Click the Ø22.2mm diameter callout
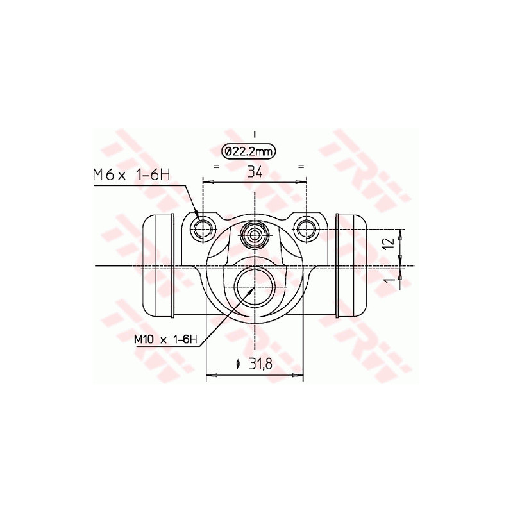pyautogui.click(x=249, y=151)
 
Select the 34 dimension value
pyautogui.click(x=255, y=171)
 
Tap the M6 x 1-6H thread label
pyautogui.click(x=131, y=174)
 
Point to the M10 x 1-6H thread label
pyautogui.click(x=165, y=340)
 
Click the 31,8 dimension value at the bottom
pyautogui.click(x=260, y=364)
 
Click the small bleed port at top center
pyautogui.click(x=255, y=235)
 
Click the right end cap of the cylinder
pyautogui.click(x=351, y=266)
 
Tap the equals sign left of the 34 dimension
pyautogui.click(x=216, y=166)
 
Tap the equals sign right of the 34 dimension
pyautogui.click(x=301, y=166)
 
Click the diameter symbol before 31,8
pyautogui.click(x=238, y=364)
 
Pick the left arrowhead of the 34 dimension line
pyautogui.click(x=207, y=182)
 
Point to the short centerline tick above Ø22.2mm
pyautogui.click(x=255, y=135)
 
